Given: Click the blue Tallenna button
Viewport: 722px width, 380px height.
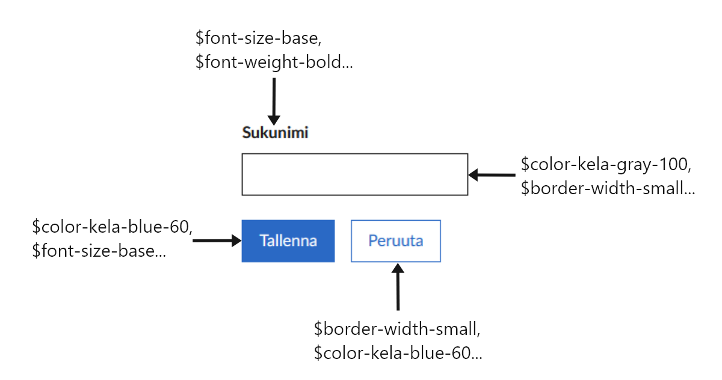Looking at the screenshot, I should (288, 241).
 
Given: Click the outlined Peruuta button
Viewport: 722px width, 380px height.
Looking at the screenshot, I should (395, 241).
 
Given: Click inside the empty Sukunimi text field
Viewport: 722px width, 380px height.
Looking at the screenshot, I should (354, 174).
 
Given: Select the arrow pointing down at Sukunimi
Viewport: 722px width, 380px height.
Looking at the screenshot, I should (274, 100).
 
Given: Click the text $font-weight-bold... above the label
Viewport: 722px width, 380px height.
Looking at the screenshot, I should (274, 61).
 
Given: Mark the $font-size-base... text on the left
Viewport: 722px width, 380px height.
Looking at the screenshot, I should (99, 251).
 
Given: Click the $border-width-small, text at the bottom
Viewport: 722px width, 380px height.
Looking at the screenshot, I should (396, 329).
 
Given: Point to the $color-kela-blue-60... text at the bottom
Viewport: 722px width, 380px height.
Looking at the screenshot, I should (398, 354).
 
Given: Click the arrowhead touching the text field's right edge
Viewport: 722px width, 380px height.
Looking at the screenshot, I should (474, 176).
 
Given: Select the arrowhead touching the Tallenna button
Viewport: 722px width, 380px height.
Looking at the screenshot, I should (235, 241).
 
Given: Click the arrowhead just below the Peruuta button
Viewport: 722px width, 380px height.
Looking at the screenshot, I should (397, 269).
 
